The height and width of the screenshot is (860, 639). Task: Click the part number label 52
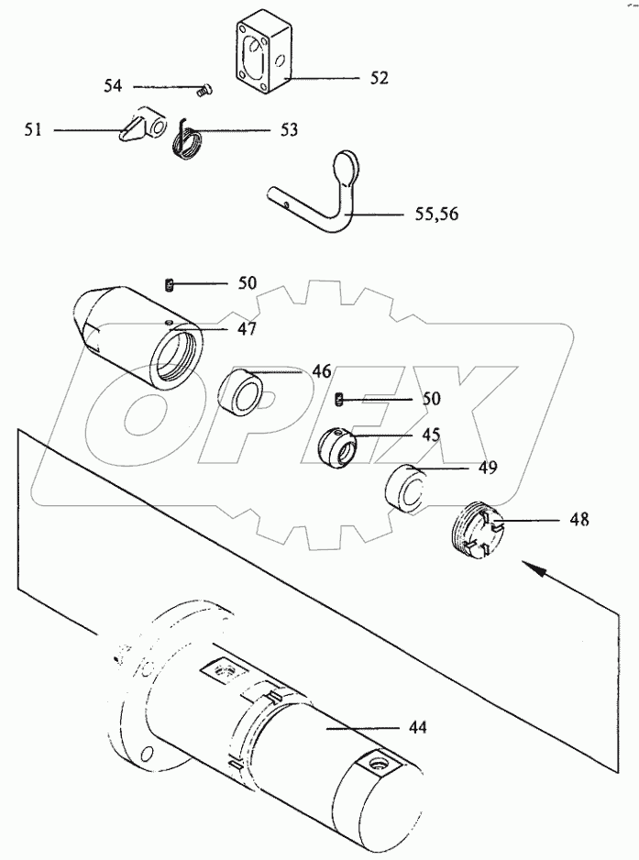pos(379,79)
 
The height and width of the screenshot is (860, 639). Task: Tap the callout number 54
pos(113,86)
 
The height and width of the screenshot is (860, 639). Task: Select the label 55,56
pos(436,214)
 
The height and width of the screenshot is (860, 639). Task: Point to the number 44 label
pos(417,728)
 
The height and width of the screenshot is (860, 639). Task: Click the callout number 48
pos(579,519)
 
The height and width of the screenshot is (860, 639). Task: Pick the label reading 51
pos(33,130)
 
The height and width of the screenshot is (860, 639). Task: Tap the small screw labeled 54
pos(204,91)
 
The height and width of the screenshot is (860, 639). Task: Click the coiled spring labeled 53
pos(188,140)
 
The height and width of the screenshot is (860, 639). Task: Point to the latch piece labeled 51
pos(141,125)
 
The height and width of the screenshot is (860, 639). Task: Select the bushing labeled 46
pos(240,392)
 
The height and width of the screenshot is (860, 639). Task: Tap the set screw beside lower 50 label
pos(339,401)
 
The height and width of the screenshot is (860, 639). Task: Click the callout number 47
pos(247,331)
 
